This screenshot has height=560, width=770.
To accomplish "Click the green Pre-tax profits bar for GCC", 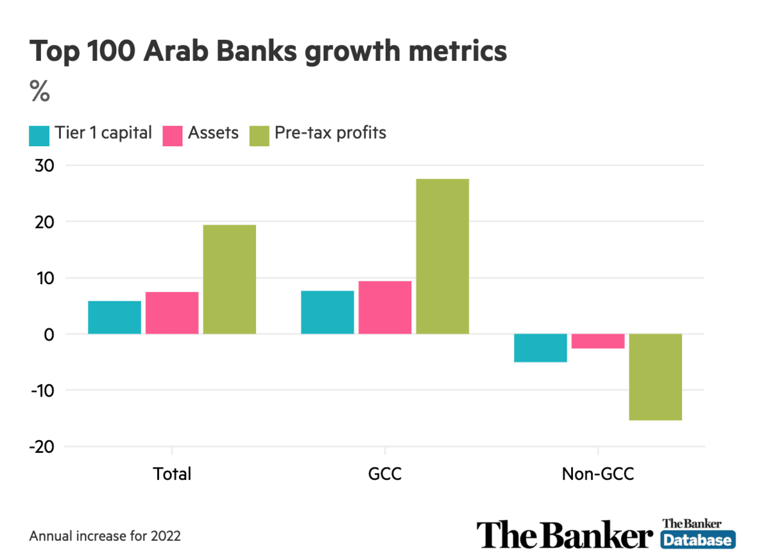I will pyautogui.click(x=442, y=256).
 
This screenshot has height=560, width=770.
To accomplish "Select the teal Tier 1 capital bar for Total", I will pyautogui.click(x=114, y=317).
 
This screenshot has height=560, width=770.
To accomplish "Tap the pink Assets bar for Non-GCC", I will pyautogui.click(x=598, y=341).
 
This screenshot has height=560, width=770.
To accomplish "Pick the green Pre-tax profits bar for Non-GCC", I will pyautogui.click(x=655, y=377).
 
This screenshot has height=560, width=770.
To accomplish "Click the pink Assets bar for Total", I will pyautogui.click(x=172, y=312).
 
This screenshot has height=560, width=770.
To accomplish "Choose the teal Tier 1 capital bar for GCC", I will pyautogui.click(x=327, y=312).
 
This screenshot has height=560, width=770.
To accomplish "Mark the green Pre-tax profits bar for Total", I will pyautogui.click(x=229, y=279).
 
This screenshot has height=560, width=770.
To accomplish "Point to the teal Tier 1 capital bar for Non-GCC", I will pyautogui.click(x=540, y=348).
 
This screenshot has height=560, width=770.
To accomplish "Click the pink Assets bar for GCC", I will pyautogui.click(x=384, y=307).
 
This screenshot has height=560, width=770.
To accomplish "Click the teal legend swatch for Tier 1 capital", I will pyautogui.click(x=39, y=135).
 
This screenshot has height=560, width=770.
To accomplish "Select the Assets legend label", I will pyautogui.click(x=213, y=133).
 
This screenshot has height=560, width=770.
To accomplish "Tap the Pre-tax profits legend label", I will pyautogui.click(x=330, y=133).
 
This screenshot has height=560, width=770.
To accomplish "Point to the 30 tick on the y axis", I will pyautogui.click(x=43, y=165).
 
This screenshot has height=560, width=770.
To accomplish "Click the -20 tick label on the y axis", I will pyautogui.click(x=39, y=446).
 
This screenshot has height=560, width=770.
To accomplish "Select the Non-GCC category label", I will pyautogui.click(x=597, y=474).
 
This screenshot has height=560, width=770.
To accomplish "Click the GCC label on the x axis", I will pyautogui.click(x=384, y=474).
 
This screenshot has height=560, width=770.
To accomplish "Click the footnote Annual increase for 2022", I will pyautogui.click(x=105, y=536).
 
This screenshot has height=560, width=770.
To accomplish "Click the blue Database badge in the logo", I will pyautogui.click(x=697, y=540).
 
